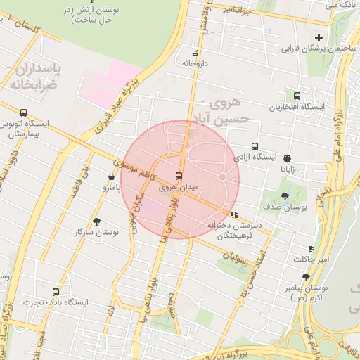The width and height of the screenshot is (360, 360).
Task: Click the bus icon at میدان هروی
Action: tap(178, 176)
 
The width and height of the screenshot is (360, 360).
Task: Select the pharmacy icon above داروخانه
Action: tap(195, 53)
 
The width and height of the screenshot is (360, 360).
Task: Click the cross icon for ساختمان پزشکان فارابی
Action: tap(319, 37)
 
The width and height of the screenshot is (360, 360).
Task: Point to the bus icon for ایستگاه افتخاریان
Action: tap(297, 96)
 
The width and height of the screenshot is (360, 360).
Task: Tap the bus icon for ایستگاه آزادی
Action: tap(255, 146)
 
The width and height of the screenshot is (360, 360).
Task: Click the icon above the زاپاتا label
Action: tap(287, 158)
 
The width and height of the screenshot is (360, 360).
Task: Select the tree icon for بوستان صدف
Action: tap(285, 197)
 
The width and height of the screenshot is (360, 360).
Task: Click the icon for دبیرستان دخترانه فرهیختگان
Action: tap(234, 214)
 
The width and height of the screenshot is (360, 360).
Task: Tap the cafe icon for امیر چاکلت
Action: tap(311, 249)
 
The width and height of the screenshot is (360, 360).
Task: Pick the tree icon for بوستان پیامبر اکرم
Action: tap(306, 277)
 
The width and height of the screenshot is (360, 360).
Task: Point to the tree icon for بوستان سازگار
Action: tap(96, 221)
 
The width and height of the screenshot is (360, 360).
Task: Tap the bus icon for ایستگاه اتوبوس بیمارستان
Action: tap(24, 112)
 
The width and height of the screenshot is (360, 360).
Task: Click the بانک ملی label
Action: tap(342, 5)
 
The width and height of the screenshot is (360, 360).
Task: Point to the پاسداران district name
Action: tap(35, 71)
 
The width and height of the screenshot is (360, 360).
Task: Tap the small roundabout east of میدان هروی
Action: tap(222, 176)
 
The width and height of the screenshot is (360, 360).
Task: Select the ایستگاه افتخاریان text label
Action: tap(297, 108)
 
